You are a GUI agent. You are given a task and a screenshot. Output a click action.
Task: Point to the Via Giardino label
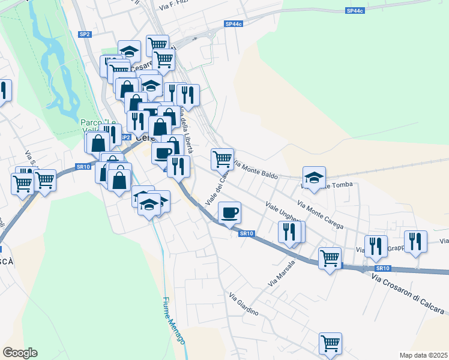click(243, 304)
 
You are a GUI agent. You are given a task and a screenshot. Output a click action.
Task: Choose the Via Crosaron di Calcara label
click(409, 293)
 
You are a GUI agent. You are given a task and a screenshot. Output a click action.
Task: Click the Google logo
click(20, 353)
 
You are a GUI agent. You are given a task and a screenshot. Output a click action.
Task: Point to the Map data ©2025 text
click(423, 355)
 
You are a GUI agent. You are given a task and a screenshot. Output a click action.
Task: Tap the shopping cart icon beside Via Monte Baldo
click(222, 159)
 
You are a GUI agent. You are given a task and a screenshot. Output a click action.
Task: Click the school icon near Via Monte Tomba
click(314, 177)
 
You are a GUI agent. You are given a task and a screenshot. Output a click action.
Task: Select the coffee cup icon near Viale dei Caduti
click(229, 212)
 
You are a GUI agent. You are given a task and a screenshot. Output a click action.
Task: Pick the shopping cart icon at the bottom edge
click(330, 343)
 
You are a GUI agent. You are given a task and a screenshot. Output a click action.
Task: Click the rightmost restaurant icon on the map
click(415, 241)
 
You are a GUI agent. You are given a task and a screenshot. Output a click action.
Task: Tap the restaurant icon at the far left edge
click(3, 91)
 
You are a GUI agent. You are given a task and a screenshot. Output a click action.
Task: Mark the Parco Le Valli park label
click(98, 127)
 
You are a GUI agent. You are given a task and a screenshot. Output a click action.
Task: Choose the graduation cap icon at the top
click(128, 51)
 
